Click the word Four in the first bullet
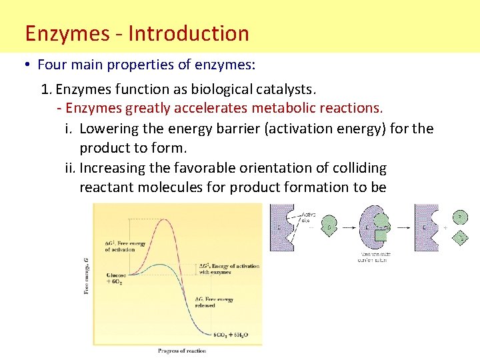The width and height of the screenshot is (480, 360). (51, 65)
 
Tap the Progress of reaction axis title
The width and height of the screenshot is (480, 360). (181, 350)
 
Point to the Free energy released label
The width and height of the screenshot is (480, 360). (215, 302)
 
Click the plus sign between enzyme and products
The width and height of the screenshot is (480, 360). (445, 227)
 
